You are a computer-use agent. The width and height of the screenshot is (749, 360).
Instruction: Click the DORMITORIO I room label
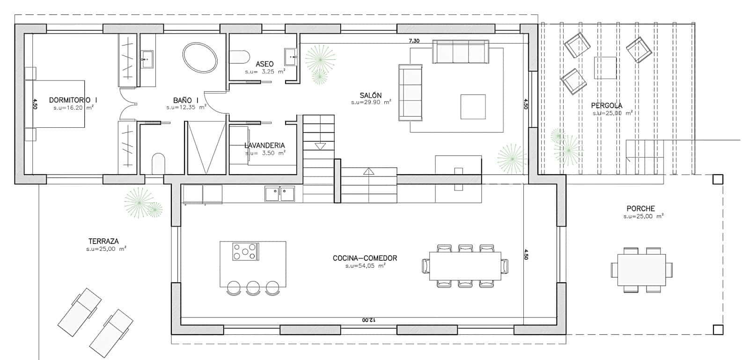(x=73, y=100)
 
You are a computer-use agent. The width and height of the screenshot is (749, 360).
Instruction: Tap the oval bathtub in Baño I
(x=200, y=58)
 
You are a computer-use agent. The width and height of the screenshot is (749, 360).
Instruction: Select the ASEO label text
(x=264, y=64)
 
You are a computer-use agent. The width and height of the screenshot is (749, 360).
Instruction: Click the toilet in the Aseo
(x=240, y=56)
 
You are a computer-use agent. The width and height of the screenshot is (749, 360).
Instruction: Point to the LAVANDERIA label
(x=265, y=145)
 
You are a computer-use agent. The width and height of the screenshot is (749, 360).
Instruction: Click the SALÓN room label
(x=371, y=95)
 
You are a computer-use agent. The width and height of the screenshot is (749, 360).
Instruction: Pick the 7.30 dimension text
(x=414, y=41)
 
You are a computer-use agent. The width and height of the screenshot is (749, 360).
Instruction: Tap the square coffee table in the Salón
(x=473, y=107)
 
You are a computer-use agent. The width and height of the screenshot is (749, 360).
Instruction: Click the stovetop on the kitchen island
(x=245, y=251)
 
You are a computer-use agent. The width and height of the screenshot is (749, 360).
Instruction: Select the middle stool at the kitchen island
(x=253, y=288)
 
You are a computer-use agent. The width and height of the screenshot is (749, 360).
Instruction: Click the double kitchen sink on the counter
(x=279, y=193)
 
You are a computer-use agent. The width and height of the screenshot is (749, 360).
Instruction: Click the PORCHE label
(x=641, y=208)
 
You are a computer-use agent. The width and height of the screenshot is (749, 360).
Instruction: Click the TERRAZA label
(x=103, y=241)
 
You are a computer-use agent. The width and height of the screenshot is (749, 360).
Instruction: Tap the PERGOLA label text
(x=607, y=105)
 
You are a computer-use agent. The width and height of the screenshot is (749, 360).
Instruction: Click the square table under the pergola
(x=605, y=68)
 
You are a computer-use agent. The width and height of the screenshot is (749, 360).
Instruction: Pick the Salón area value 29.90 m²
(x=372, y=102)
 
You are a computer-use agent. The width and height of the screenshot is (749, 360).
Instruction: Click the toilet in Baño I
(x=159, y=163)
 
